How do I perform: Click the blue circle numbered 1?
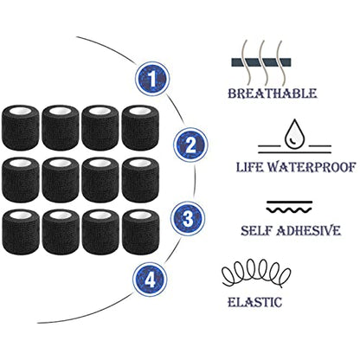coord(151,79)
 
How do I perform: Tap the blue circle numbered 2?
coord(190,145)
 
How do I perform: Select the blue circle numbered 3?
coord(188,218)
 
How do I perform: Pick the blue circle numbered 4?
coord(150,280)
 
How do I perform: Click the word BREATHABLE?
coord(273,93)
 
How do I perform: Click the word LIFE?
coord(249,167)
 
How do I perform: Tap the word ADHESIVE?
coord(308,231)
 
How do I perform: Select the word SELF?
coord(256,231)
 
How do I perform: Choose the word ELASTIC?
coord(254,302)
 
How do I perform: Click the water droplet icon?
coord(294,133)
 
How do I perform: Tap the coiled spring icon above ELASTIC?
coord(256,273)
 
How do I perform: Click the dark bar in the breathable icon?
coord(261,62)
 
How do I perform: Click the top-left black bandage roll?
coord(20,127)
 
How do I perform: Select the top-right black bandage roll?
coord(140,127)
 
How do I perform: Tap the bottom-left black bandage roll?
coord(20,232)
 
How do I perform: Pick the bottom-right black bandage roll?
coord(140,232)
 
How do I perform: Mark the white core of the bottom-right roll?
coord(140,215)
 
